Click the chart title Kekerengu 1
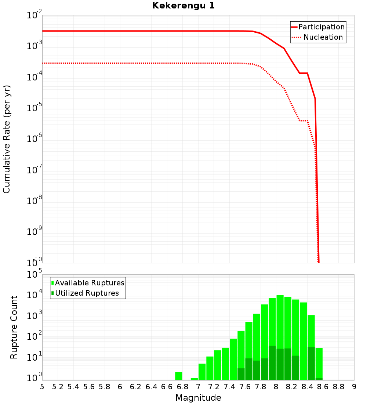183,6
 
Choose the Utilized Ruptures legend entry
87,293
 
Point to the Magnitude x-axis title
198,398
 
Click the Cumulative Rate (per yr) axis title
7,139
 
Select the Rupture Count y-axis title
14,327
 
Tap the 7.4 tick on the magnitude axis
229,387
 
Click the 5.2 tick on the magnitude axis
58,387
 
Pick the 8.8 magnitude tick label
338,387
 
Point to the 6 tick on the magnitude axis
120,387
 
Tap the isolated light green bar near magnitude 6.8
179,376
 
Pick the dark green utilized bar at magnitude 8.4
311,364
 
